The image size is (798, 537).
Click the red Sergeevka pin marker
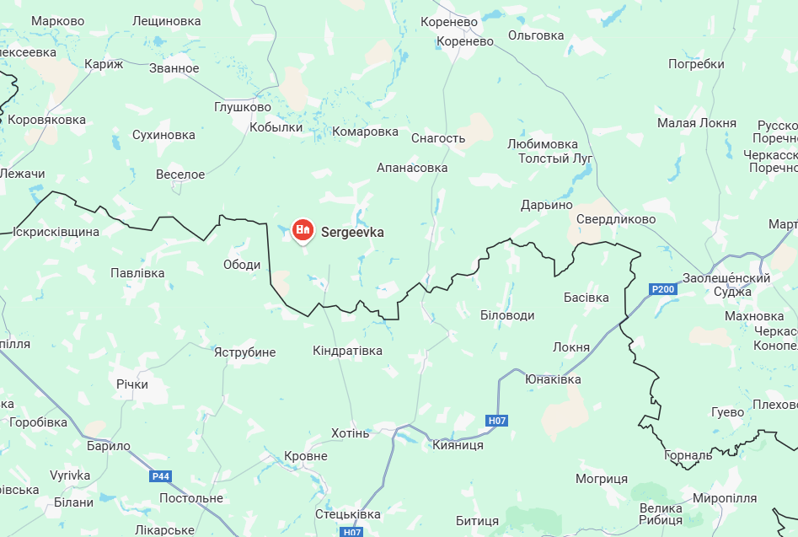[303, 230]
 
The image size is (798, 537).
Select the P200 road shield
[663, 290]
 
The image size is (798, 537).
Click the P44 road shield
[160, 476]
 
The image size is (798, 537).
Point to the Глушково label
[243, 107]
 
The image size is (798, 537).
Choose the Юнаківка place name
[553, 379]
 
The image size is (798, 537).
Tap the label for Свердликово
[616, 219]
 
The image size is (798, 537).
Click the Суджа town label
[731, 292]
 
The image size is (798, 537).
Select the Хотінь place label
[351, 433]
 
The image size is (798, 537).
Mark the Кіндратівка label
[347, 351]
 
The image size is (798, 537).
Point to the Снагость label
[438, 138]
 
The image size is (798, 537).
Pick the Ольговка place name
[536, 35]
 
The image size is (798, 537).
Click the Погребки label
[696, 64]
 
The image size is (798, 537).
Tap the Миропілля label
[725, 498]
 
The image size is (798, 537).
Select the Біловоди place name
[507, 314]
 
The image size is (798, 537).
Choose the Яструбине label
[244, 352]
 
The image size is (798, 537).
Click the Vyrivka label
[70, 475]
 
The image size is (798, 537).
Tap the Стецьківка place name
[347, 513]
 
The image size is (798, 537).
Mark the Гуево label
[727, 412]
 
